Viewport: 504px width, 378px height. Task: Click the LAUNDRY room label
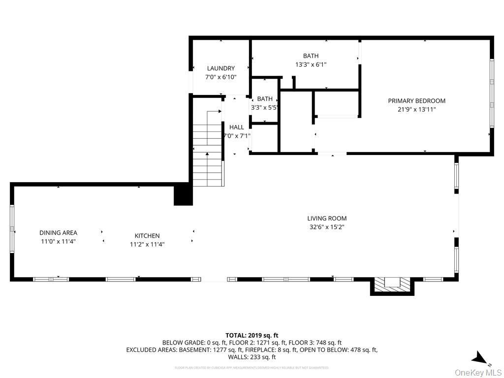(220, 68)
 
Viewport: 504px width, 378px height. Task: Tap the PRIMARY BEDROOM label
(416, 101)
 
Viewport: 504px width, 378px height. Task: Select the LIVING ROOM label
(327, 219)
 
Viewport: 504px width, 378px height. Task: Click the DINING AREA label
(58, 233)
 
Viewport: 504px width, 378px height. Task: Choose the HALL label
(236, 127)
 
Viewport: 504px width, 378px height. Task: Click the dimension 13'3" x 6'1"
(311, 64)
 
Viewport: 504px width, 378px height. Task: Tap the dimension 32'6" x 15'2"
(327, 227)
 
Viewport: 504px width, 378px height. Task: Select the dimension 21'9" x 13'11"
(416, 110)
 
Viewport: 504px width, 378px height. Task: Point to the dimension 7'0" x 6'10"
(220, 77)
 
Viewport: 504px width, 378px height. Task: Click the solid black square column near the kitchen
(183, 194)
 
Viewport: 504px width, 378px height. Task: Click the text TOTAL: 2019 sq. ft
(252, 335)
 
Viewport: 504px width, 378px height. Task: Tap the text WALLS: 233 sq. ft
(252, 357)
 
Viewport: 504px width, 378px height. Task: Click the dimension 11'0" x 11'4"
(58, 242)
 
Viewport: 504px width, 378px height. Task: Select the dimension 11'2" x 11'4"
(147, 244)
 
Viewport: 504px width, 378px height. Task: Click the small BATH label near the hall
(265, 99)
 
